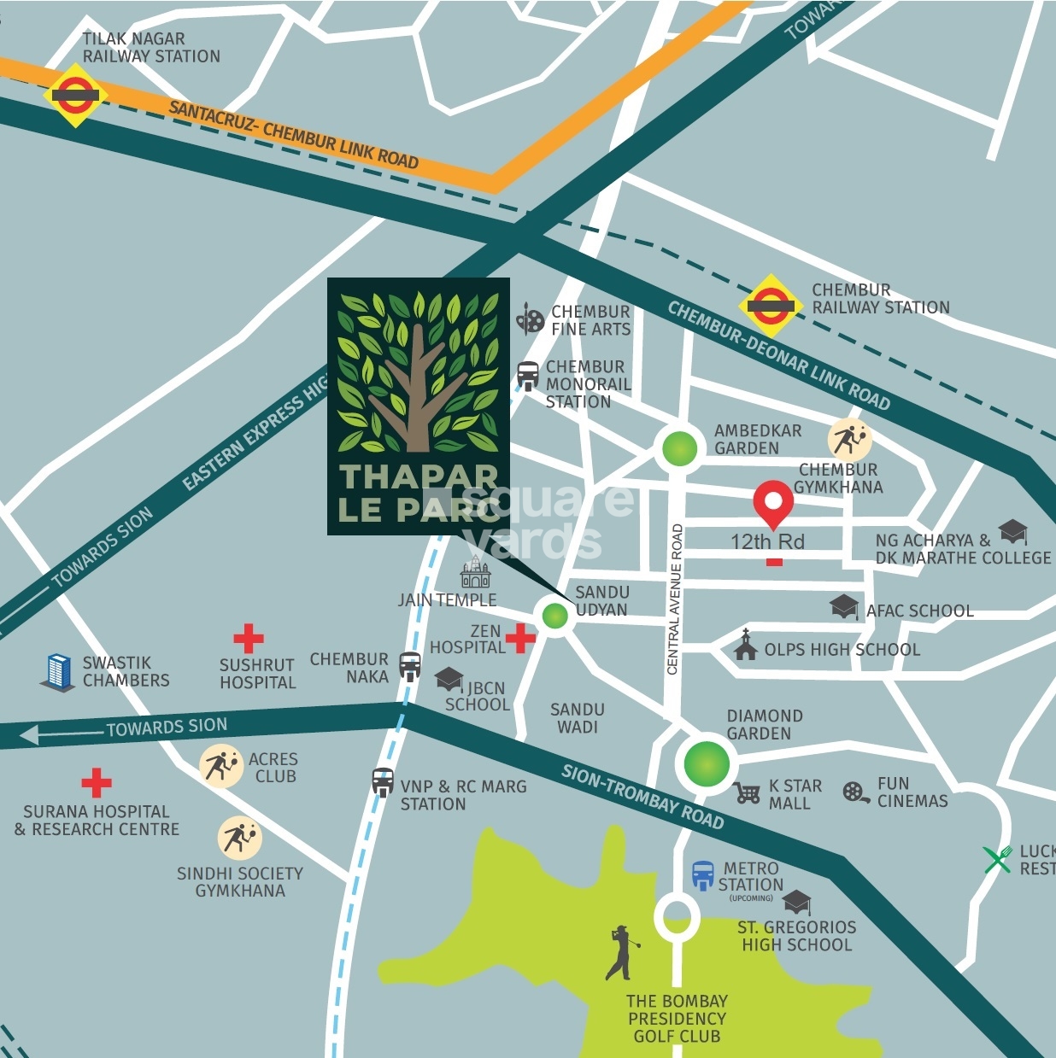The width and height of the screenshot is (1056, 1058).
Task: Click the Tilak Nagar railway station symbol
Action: [75, 95]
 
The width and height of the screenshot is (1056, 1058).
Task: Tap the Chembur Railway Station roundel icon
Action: [771, 305]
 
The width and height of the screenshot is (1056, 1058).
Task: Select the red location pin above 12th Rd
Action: [773, 503]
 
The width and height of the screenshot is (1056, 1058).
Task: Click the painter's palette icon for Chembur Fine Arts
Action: [531, 320]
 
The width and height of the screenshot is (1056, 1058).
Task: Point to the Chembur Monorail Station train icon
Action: [528, 374]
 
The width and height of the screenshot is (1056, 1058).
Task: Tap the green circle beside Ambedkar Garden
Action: [679, 448]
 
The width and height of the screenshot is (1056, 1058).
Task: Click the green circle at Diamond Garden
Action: [707, 763]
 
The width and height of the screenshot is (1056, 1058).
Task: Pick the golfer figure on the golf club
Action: [621, 953]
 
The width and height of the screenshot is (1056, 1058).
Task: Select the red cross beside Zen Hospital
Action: [520, 637]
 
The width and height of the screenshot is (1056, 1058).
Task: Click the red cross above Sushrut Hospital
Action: [249, 638]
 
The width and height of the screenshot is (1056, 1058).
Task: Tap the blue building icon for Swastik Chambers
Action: [58, 672]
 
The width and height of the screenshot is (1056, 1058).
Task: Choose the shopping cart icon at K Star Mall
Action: [748, 792]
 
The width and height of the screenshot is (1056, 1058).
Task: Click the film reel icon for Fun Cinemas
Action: [855, 792]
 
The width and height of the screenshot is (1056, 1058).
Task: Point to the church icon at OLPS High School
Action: [746, 646]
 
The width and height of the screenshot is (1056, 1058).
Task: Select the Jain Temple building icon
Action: [476, 573]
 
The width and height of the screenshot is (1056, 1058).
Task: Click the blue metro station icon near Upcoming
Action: [702, 876]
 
